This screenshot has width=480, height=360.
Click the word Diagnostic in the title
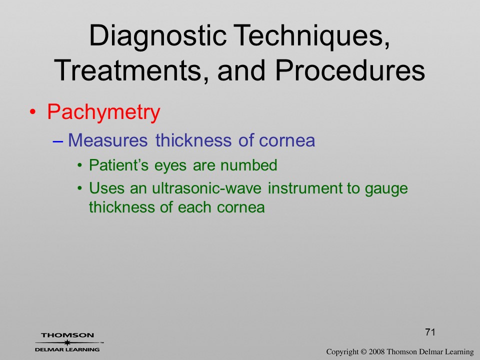[x=158, y=36]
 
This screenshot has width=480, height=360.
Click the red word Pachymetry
[x=104, y=112]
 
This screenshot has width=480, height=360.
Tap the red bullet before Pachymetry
[x=32, y=112]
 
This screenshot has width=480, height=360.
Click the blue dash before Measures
[x=57, y=141]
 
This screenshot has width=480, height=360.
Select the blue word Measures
[x=108, y=140]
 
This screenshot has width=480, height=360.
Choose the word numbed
[x=249, y=165]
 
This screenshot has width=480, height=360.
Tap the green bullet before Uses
[x=80, y=188]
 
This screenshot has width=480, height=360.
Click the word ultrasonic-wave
[x=207, y=188]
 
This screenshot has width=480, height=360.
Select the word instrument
[x=305, y=188]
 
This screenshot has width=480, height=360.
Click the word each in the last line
[x=194, y=207]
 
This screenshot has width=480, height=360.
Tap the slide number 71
[x=430, y=332]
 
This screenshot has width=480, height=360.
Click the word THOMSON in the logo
[x=67, y=335]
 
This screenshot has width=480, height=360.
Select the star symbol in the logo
[x=67, y=342]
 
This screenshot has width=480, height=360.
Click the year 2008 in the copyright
[x=376, y=351]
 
